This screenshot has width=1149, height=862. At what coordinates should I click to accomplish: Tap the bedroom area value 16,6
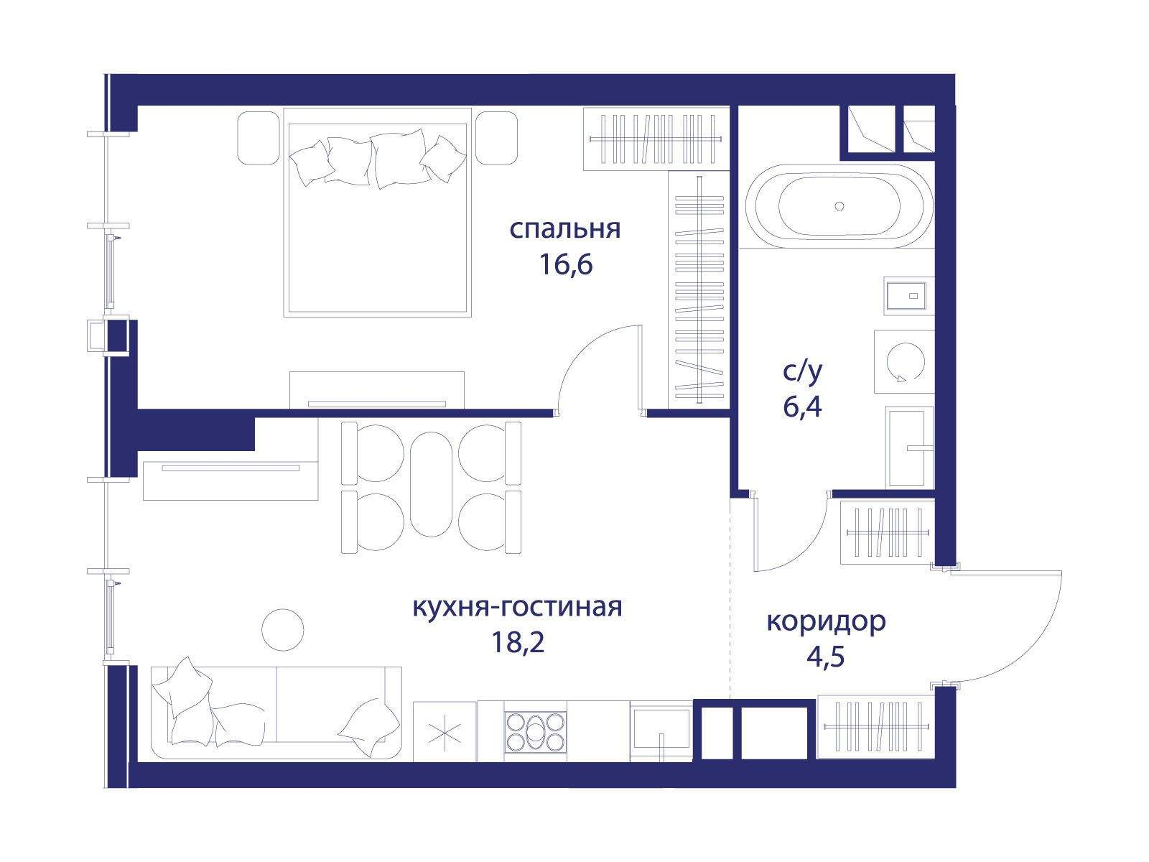point(565,264)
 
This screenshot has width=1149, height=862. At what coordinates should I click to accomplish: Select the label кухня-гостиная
point(517,608)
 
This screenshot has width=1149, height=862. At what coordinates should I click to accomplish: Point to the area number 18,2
point(518,642)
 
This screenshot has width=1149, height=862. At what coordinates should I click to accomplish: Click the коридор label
point(826,622)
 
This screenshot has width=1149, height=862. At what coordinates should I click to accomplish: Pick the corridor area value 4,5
point(826,657)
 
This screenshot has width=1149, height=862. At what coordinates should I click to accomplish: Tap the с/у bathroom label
point(802,372)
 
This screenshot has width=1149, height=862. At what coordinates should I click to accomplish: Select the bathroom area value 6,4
point(802,407)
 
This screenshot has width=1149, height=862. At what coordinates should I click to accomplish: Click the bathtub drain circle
point(839,206)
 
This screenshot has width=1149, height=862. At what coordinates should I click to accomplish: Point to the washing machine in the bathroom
point(904,361)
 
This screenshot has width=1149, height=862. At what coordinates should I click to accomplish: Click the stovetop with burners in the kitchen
point(535,732)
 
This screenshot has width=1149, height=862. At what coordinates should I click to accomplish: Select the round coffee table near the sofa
point(283,630)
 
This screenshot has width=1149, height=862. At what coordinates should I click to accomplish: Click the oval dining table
point(431,484)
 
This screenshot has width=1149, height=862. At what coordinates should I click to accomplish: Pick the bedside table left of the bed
point(258,138)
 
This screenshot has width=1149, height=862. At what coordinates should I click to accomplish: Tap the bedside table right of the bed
point(497,138)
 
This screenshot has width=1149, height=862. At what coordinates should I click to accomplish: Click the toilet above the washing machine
point(909,296)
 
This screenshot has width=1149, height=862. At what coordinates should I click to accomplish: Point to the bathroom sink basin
point(909,448)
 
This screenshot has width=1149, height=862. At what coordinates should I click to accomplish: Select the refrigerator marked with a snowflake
point(445,732)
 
